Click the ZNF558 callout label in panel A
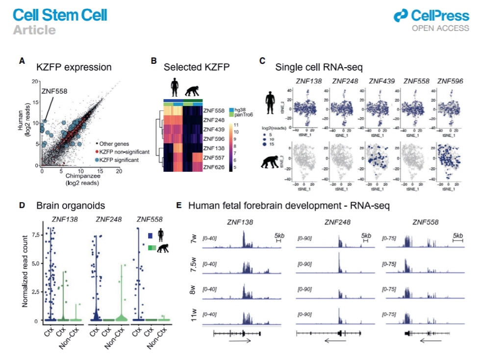point(54,91)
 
